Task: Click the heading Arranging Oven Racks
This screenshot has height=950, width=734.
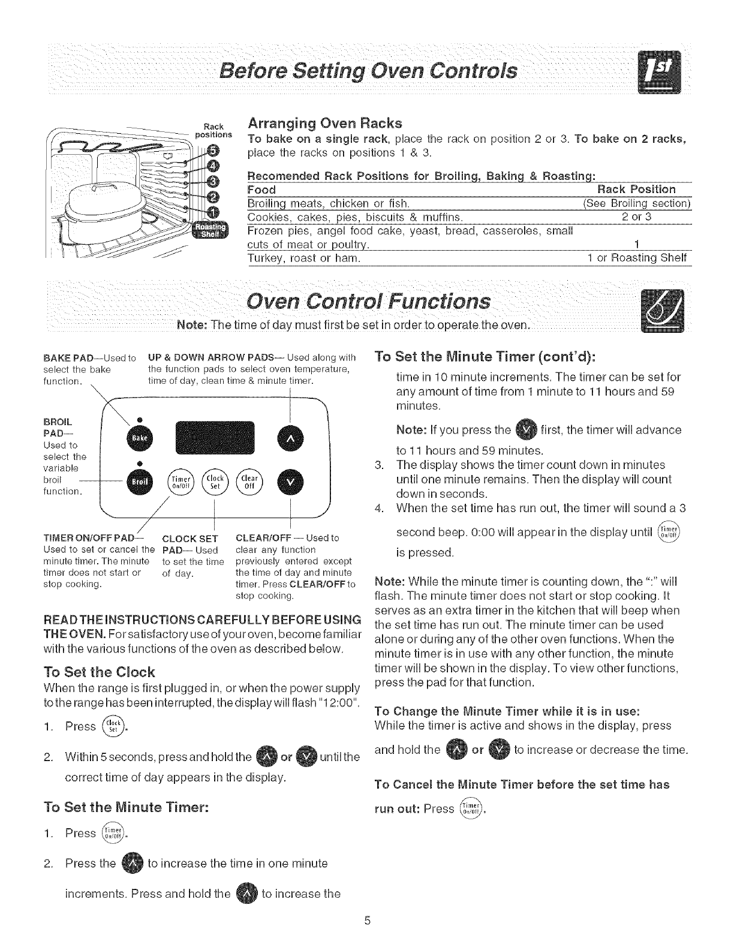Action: click(324, 124)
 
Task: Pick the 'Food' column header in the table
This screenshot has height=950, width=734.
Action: click(261, 190)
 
